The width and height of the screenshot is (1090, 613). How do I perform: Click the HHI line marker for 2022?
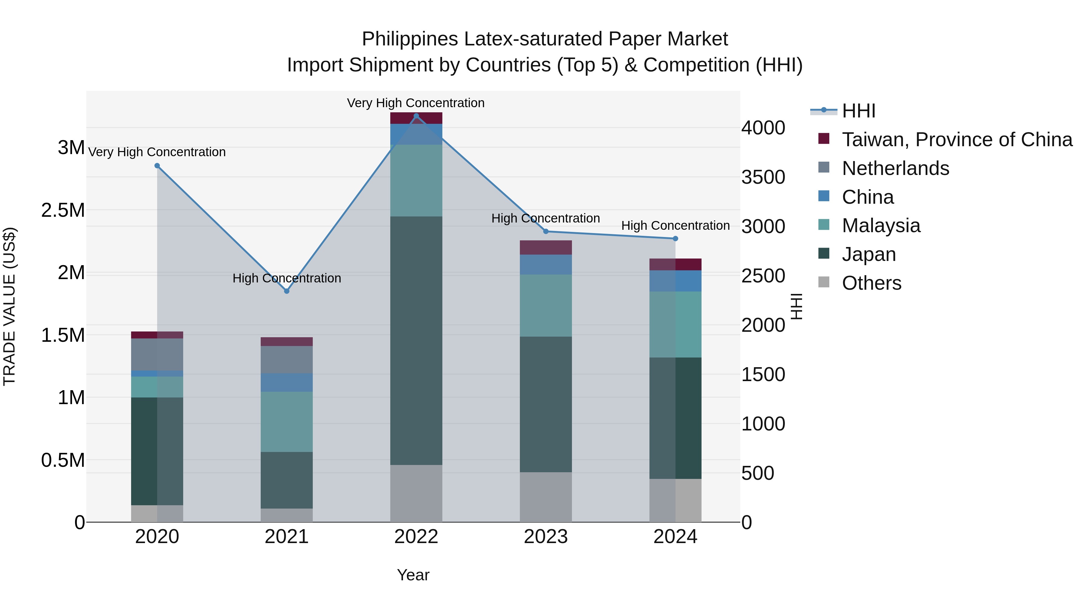pos(416,116)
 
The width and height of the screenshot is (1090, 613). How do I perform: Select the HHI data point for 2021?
pos(286,291)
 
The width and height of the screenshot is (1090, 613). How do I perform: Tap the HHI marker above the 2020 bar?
pos(157,166)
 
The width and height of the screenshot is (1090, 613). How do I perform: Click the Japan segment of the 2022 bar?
pos(416,341)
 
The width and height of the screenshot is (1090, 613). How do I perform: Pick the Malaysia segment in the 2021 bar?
pos(286,421)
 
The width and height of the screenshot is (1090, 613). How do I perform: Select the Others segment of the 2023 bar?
pos(545,497)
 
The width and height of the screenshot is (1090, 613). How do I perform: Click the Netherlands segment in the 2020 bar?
pos(157,354)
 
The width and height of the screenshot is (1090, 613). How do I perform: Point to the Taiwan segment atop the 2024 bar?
pos(675,264)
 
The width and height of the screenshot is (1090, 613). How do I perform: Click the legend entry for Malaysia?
pos(881,226)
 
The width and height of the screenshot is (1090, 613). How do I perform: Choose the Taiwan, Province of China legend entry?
pos(957,140)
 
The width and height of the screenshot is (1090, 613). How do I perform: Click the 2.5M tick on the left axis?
pos(63,210)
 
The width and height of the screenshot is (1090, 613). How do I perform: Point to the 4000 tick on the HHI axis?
pos(763,128)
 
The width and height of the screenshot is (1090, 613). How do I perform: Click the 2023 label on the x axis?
pos(545,537)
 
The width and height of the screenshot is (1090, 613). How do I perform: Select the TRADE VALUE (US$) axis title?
pos(9,306)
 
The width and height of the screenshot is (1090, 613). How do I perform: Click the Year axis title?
pos(413,575)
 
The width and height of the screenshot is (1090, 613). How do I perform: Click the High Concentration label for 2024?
pos(675,226)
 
